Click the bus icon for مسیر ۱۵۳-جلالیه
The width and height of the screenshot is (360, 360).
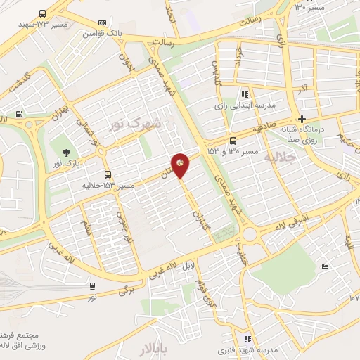[108, 174]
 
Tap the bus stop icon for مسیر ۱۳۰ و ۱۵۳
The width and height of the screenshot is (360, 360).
[233, 140]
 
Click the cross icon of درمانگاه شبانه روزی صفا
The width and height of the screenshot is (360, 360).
[302, 118]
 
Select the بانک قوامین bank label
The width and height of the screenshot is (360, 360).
[103, 32]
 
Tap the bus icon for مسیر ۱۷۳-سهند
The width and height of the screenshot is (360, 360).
[43, 13]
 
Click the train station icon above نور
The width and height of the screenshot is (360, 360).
[93, 286]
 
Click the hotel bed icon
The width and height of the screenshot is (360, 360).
[323, 266]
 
